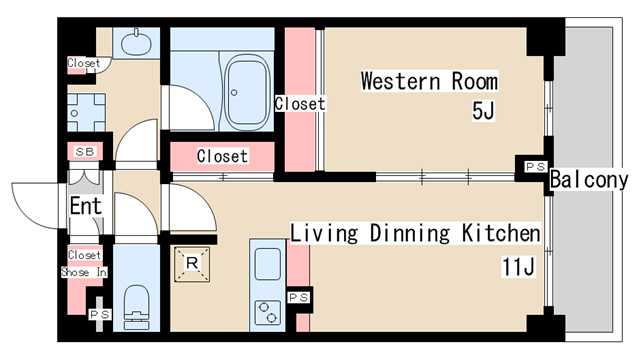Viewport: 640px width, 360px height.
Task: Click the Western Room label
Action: tap(429, 81)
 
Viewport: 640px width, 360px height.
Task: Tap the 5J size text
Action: tap(483, 110)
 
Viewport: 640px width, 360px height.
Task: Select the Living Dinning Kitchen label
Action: tap(415, 233)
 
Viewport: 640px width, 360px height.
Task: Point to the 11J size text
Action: tap(518, 267)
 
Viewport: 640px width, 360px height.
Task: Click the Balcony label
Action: tap(589, 180)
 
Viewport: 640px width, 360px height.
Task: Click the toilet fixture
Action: tap(136, 307)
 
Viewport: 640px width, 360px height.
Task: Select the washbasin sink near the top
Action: tap(136, 42)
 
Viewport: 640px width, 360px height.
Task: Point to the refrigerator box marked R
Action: tap(192, 264)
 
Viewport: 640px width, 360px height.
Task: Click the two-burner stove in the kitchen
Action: tap(268, 313)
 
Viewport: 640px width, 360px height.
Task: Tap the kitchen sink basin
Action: tap(268, 264)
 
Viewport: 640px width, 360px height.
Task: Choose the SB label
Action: tap(85, 152)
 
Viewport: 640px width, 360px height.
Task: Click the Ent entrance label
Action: tap(85, 206)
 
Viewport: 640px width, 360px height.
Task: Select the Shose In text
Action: tap(84, 272)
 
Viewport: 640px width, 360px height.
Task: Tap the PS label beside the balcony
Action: tap(536, 167)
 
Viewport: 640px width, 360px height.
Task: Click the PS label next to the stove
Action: tap(298, 298)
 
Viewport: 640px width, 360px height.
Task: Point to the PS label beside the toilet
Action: tap(100, 314)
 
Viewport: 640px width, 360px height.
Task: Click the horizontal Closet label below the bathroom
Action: tap(222, 156)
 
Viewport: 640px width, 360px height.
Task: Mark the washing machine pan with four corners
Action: tap(86, 113)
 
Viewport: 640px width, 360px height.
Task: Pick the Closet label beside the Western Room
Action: tap(300, 104)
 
